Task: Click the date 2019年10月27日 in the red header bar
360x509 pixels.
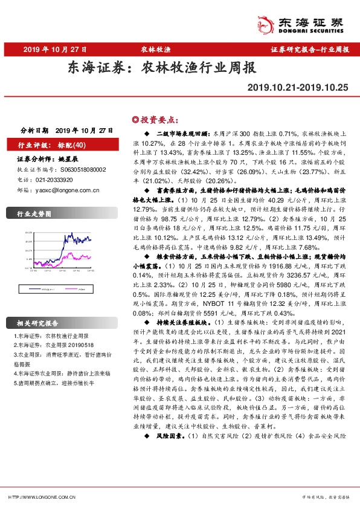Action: point(54,49)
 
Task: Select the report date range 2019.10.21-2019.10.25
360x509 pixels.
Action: point(298,88)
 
